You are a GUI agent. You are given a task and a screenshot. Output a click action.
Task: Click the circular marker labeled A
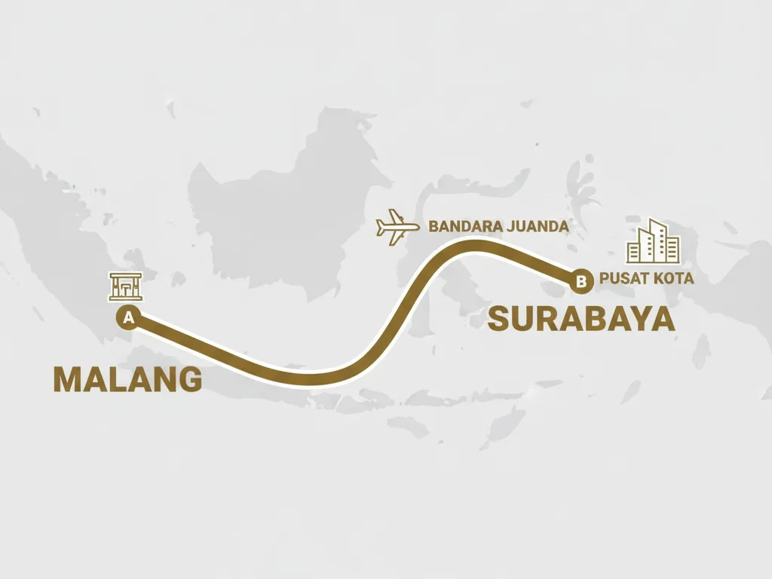(x=128, y=317)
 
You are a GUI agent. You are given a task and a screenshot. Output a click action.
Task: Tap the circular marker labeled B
(x=580, y=281)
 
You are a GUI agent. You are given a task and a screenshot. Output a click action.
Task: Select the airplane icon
(x=397, y=227)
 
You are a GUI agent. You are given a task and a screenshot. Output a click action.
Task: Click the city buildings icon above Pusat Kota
(x=653, y=241)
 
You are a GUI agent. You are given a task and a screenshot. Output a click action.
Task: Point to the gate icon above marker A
(x=125, y=287)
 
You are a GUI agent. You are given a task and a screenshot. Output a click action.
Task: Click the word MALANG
(x=127, y=379)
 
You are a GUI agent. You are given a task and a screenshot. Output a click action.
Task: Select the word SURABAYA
(x=581, y=320)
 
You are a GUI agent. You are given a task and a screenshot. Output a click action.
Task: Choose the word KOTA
(x=674, y=279)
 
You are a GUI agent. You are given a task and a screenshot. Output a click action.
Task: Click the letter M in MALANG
(x=66, y=379)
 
